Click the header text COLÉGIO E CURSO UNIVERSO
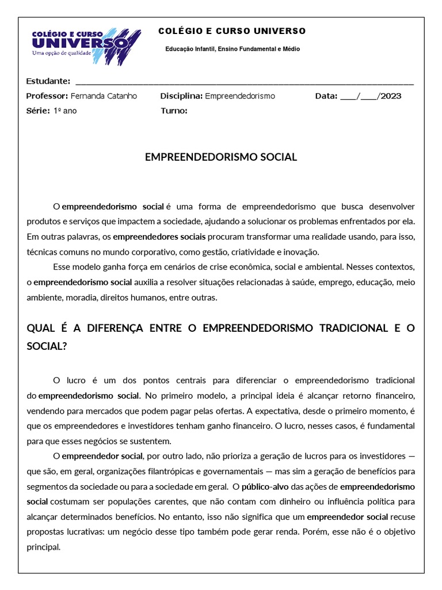coord(232,31)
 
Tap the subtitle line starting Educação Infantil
coord(233,49)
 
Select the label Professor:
coord(47,96)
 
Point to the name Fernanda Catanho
coord(104,96)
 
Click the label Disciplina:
coord(181,96)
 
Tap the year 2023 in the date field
coord(391,96)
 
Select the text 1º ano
coord(65,111)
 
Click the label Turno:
coord(174,111)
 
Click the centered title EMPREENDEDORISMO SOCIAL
coord(221,157)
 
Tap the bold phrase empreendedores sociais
coord(159,237)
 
